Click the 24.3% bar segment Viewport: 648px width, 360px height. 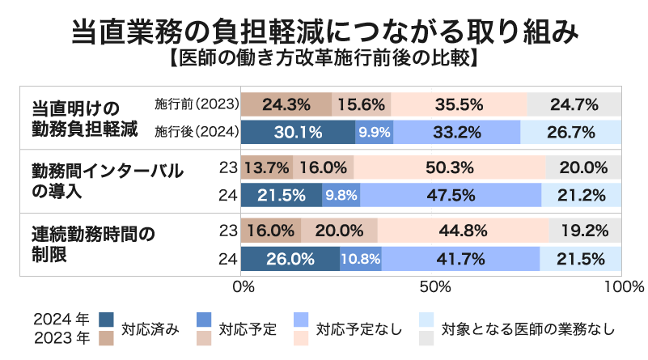[286, 104]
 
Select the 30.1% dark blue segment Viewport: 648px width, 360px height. [298, 132]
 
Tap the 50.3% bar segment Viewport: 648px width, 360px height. [450, 168]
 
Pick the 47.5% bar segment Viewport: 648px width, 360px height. [451, 195]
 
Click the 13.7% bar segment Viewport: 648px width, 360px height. [267, 168]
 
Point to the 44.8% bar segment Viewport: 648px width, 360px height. [462, 231]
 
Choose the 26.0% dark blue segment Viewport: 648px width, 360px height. [290, 259]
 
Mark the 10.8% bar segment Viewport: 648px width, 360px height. [361, 259]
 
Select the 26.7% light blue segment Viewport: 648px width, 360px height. [571, 132]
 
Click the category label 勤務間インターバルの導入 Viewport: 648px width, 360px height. [108, 181]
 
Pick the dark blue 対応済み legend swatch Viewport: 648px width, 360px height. [106, 320]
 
